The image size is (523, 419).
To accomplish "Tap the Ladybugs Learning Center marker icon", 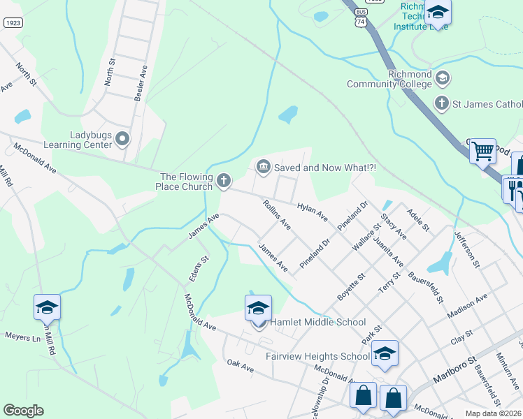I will coord(123,138).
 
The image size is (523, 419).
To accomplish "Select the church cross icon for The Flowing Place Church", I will coord(224,182).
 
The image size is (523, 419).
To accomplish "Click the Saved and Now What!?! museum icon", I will coord(264,166).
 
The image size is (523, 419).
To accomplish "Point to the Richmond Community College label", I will coord(389,80).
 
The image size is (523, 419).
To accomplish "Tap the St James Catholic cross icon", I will coord(441,103).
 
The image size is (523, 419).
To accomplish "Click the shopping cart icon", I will coord(482,151).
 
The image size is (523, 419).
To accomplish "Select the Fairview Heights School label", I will coord(317,356).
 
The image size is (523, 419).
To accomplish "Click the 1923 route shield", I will coord(12,23).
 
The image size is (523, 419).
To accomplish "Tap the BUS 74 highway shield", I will coord(360,19).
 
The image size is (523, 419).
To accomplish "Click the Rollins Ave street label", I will coord(276,214).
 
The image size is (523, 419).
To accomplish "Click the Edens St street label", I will coord(198,269).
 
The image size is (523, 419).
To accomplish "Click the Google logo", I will coord(24,411).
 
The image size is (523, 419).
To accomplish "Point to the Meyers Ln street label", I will coord(23,337).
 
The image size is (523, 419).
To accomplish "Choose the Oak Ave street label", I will coord(240,365).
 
